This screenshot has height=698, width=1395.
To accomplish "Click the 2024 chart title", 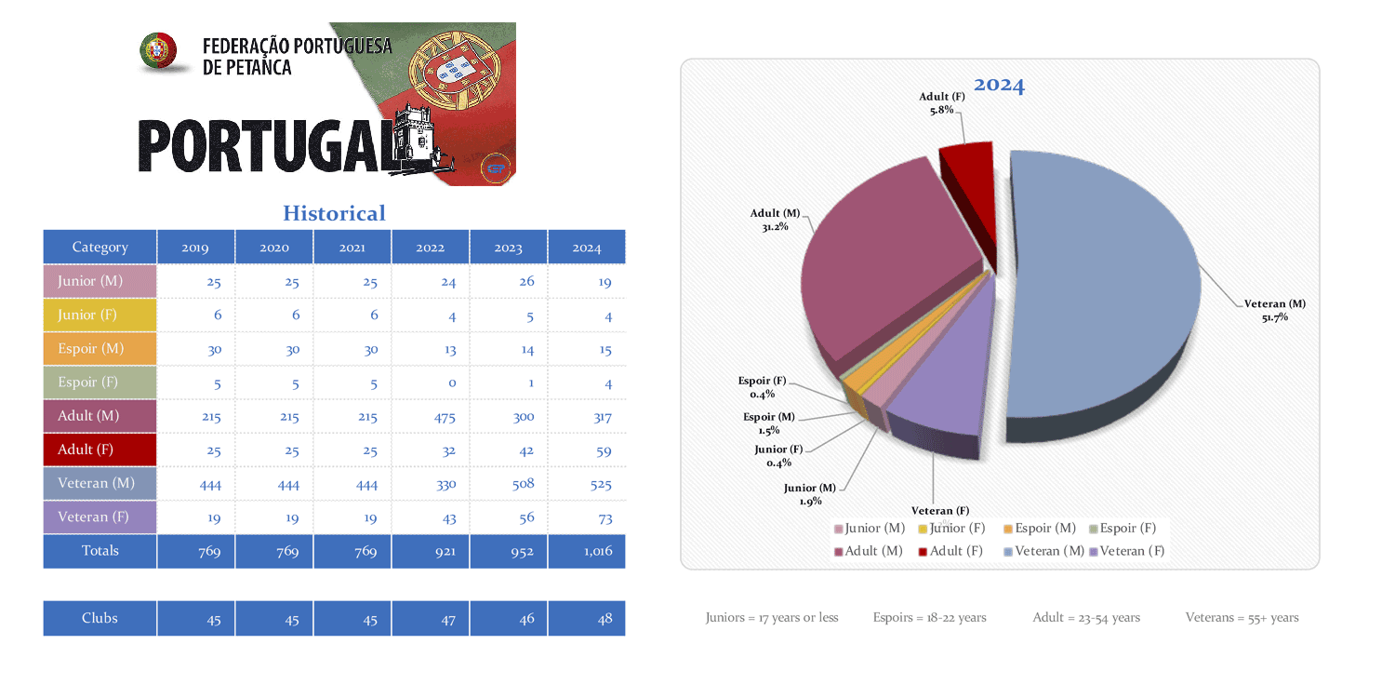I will click(x=999, y=86).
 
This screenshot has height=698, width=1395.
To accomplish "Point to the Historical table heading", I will click(x=334, y=213).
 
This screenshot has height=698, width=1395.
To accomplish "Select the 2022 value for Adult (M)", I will click(x=445, y=417).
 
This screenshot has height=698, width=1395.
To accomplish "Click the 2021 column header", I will click(x=352, y=248).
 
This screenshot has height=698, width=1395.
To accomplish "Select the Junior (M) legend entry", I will click(x=870, y=529).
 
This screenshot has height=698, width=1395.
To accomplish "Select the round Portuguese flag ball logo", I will click(x=158, y=51).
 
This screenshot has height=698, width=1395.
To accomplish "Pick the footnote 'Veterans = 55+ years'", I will click(x=1242, y=618).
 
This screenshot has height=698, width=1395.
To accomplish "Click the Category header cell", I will click(x=100, y=248).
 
